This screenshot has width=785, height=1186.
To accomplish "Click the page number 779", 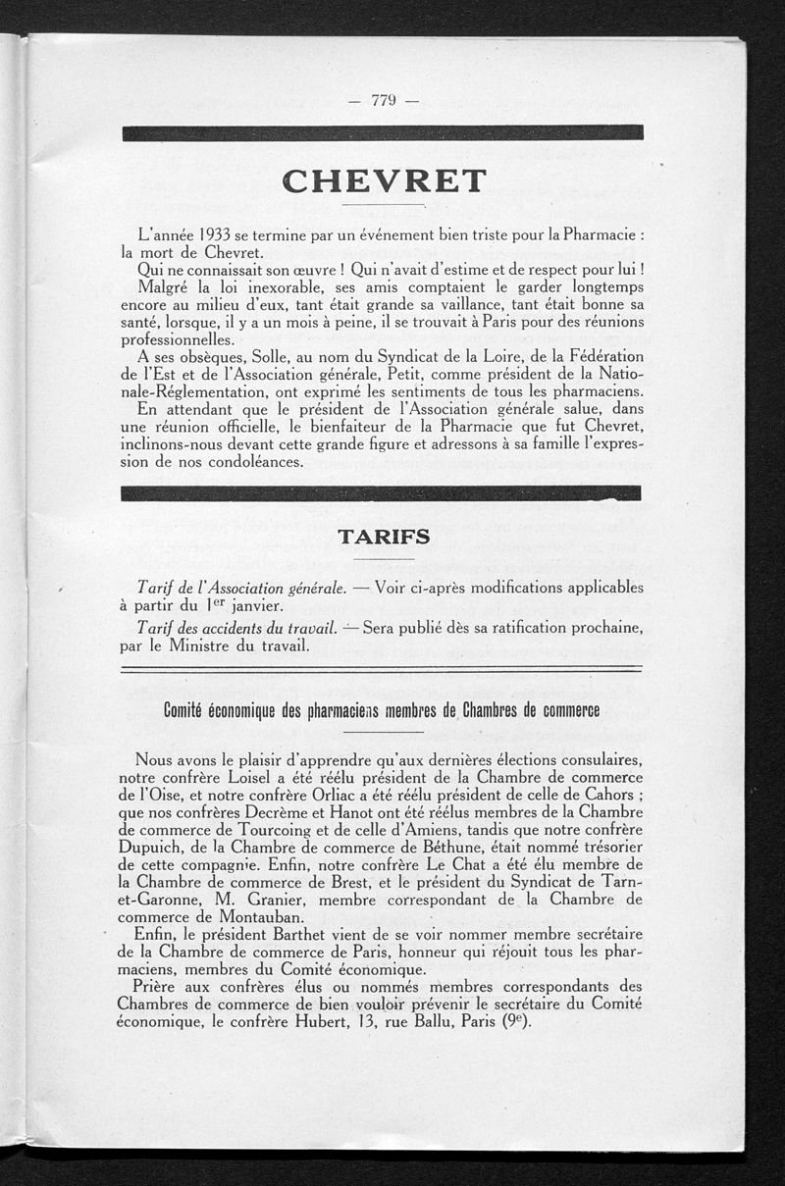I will [383, 99].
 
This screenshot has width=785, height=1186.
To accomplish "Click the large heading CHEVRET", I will [383, 180].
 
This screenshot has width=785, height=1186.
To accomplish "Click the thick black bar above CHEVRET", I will [383, 132].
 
